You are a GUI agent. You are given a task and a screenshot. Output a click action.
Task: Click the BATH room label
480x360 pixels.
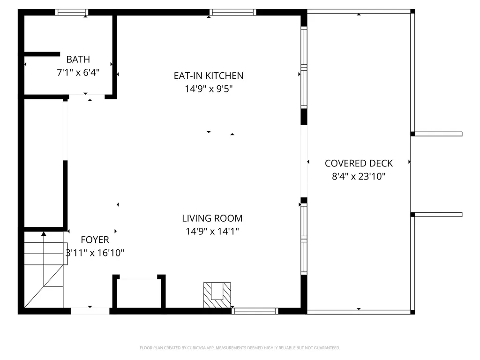78,60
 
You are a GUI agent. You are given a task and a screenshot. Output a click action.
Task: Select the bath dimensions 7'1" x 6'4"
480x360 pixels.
78,73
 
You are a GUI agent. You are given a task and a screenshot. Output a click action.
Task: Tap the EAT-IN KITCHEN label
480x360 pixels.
209,75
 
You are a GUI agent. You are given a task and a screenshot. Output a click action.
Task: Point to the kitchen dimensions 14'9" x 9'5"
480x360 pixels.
209,89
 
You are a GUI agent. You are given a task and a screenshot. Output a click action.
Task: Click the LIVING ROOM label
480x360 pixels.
212,218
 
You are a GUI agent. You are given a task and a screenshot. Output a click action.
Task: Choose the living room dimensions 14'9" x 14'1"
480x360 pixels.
212,231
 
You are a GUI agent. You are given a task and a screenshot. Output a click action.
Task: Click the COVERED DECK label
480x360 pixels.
359,163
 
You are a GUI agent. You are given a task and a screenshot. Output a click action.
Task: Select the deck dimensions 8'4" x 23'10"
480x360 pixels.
359,177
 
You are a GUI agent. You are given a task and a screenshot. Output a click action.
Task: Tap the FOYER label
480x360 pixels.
95,240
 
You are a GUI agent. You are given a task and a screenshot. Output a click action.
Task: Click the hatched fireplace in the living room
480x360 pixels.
217,295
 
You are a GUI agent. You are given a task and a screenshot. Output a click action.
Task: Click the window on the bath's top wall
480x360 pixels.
72,12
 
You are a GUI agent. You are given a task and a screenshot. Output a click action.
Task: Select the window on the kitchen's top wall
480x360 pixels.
232,12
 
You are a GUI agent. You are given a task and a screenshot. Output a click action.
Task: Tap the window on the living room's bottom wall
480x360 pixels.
255,311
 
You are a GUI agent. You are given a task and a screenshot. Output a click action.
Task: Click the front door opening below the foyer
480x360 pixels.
90,310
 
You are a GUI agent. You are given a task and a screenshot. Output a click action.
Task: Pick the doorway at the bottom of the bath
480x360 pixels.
87,97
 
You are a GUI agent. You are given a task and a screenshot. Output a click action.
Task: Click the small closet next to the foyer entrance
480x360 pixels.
139,293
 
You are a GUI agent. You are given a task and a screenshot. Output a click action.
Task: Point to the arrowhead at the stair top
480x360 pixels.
44,233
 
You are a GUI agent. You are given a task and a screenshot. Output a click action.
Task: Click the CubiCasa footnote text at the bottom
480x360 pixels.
240,348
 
